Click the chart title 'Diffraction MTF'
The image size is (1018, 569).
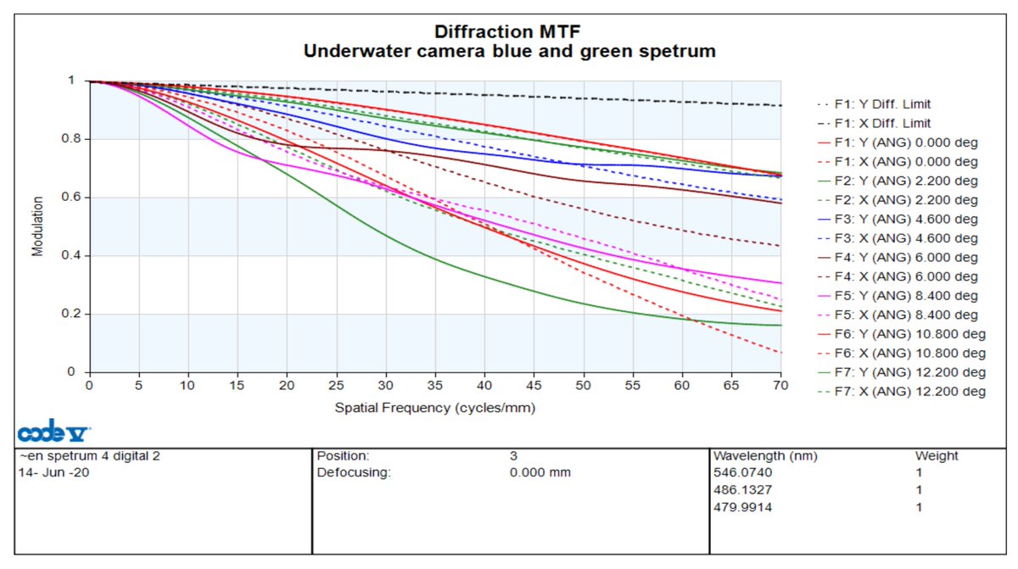click(507, 31)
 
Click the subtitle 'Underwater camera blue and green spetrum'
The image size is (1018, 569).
click(510, 52)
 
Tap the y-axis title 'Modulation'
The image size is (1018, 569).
click(37, 226)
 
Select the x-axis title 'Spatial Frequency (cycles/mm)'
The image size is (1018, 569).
click(435, 408)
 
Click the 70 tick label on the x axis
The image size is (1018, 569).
click(780, 386)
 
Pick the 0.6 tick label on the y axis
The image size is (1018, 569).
click(71, 197)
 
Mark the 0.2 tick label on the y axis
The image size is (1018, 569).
click(71, 314)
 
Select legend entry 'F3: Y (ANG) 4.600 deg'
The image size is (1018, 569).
click(898, 220)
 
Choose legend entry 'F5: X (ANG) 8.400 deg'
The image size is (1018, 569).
click(898, 315)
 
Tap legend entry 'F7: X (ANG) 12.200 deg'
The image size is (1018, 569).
click(902, 392)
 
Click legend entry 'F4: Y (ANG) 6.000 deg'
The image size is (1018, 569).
click(898, 258)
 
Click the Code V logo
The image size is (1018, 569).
click(53, 431)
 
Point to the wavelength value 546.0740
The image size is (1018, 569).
click(742, 472)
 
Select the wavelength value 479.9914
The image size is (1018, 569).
click(742, 507)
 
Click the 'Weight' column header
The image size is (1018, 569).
click(937, 456)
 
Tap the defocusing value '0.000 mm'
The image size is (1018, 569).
click(540, 472)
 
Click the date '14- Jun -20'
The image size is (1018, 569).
click(53, 472)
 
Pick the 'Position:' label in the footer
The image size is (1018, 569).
click(343, 456)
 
